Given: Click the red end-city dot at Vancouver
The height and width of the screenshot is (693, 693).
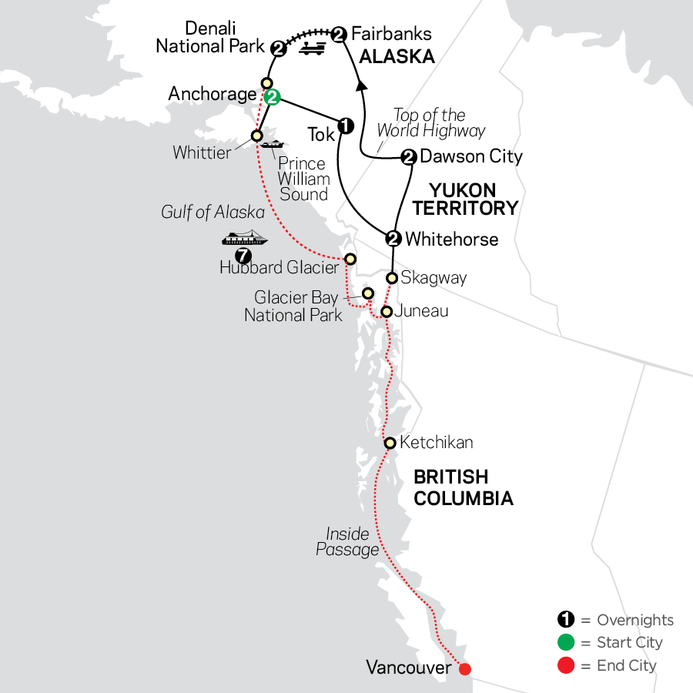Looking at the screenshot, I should (464, 668).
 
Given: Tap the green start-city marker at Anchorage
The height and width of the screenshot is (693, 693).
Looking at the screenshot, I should (272, 97).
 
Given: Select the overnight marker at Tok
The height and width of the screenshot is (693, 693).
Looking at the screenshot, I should (346, 125).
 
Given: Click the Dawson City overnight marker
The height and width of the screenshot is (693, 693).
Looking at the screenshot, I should (408, 157).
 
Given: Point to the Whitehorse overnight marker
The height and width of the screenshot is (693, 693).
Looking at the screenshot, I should (393, 238).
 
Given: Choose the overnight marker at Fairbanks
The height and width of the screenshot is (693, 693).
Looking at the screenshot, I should (339, 33).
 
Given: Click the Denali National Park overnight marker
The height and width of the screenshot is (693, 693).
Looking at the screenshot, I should (280, 49).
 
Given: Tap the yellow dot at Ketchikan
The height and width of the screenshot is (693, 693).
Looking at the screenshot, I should (390, 443).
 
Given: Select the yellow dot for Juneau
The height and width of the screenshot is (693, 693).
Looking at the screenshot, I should (387, 312).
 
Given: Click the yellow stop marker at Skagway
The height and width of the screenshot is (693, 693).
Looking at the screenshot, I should (392, 278).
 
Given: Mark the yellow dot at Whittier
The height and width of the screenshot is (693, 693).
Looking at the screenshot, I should (257, 136).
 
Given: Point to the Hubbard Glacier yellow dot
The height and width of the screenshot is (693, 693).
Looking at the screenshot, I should (350, 259).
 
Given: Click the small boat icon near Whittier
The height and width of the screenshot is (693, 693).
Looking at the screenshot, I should (273, 144).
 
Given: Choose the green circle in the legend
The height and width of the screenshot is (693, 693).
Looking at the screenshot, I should (566, 642).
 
